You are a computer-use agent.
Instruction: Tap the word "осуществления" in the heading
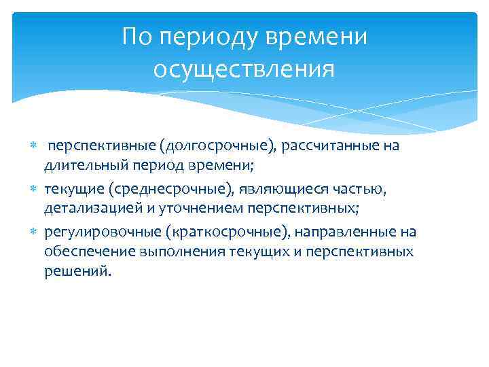point(244,69)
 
